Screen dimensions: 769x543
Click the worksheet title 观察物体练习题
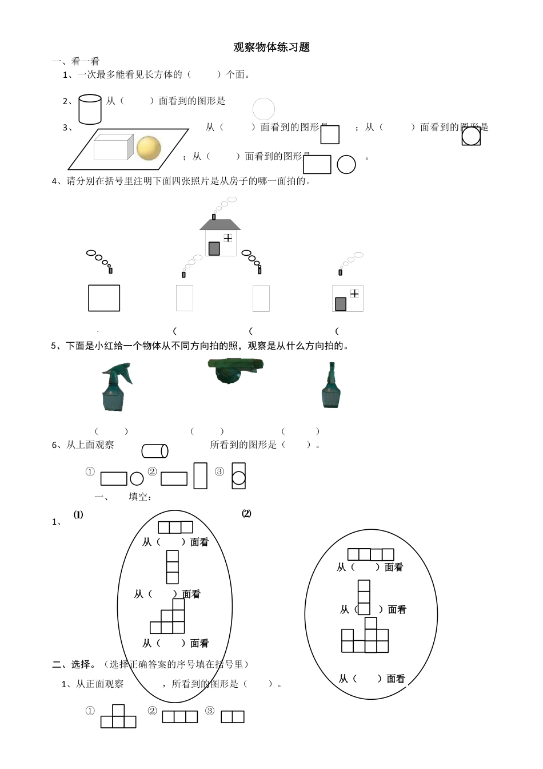coord(271,47)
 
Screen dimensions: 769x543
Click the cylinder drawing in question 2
coord(90,109)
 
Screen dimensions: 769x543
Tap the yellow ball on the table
coord(149,148)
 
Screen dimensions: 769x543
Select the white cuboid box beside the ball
coord(113,146)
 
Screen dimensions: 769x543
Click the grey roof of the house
coord(220,224)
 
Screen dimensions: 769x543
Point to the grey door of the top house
coord(214,248)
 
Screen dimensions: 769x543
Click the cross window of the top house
coord(228,237)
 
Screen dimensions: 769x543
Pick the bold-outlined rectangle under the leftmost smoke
coord(104,298)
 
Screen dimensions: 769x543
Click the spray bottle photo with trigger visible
coord(116,387)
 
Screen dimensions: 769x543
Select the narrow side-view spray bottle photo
coord(331,386)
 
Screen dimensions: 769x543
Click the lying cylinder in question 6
coord(155,451)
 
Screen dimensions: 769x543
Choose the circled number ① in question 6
coord(90,472)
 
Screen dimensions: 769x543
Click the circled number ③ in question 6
coord(219,472)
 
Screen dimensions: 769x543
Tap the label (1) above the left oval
coord(78,514)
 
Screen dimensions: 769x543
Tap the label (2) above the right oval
coord(246,513)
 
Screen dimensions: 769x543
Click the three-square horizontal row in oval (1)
coord(175,527)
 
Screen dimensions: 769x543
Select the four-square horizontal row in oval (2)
coord(371,554)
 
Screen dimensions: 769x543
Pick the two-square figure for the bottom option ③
coord(233,716)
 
